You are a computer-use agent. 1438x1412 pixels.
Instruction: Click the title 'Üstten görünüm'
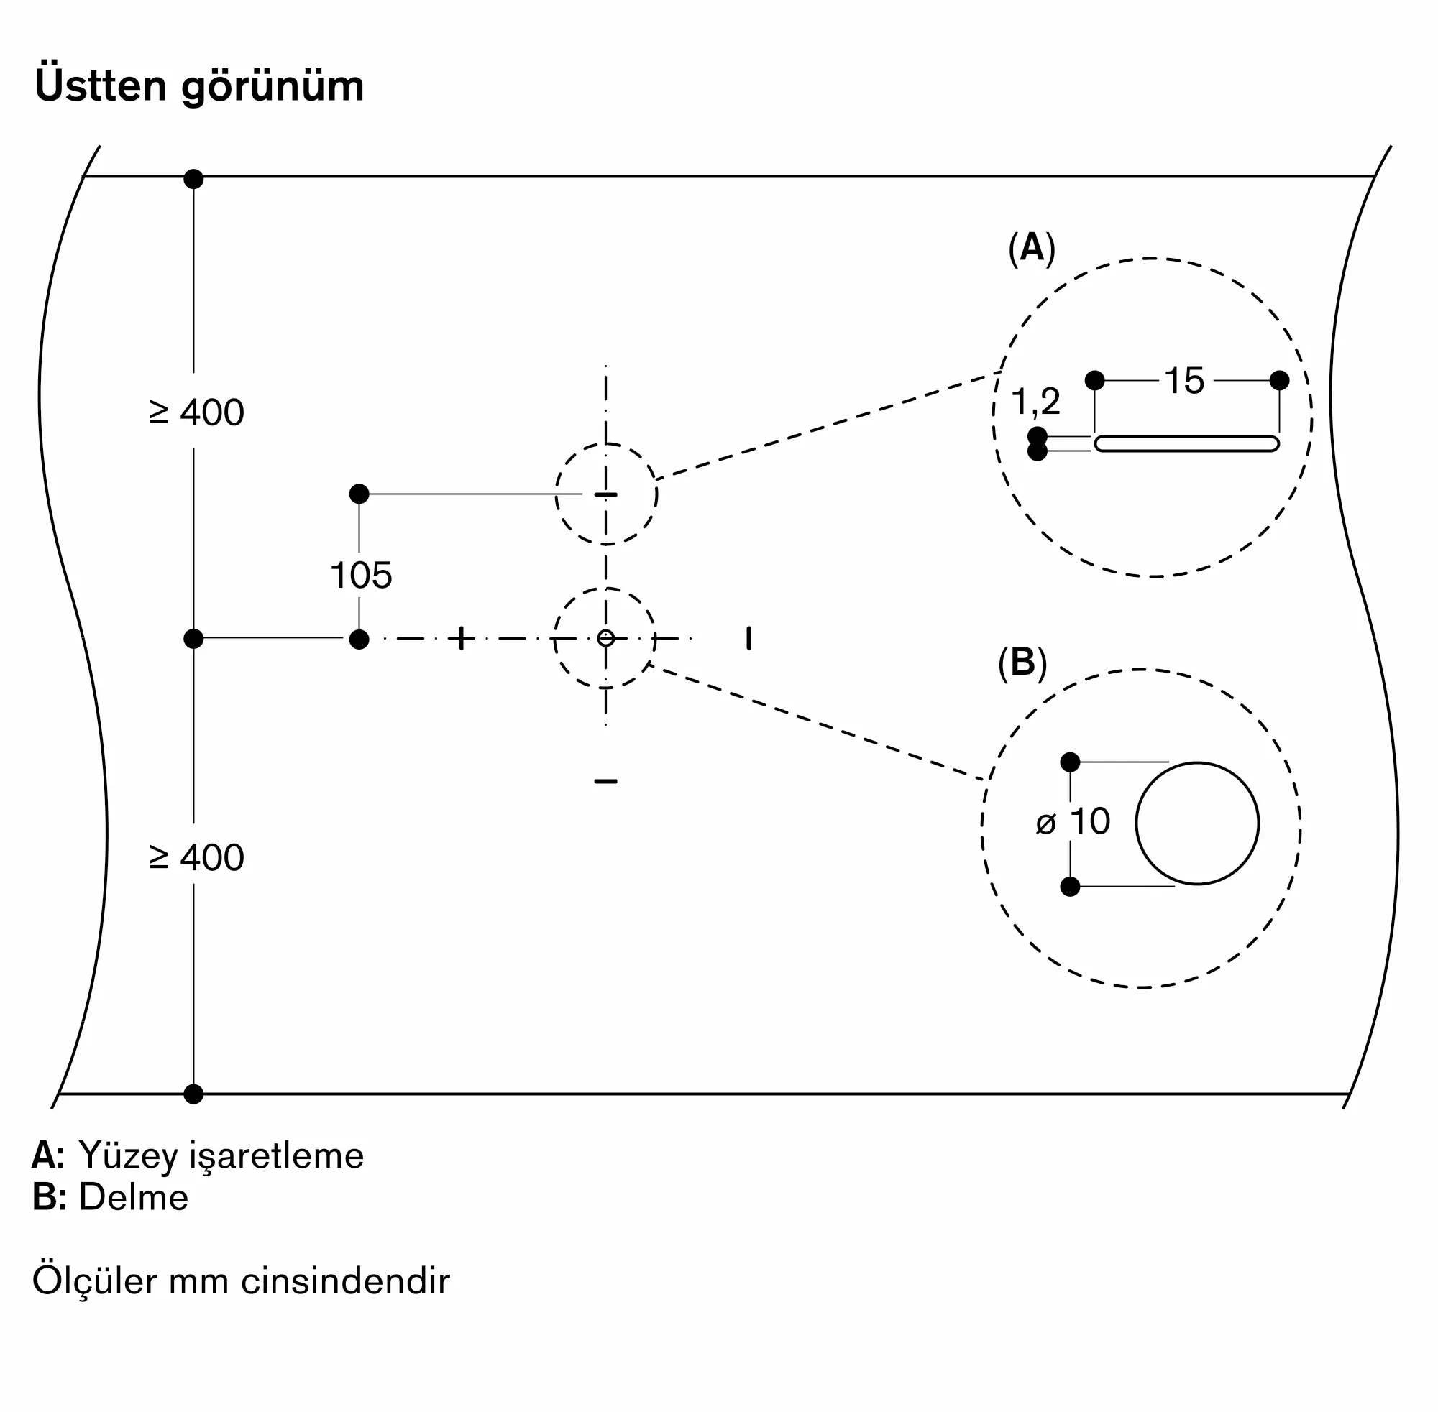point(199,86)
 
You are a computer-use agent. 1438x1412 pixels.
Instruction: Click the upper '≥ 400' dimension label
point(196,412)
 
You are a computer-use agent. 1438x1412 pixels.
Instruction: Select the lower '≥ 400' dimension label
point(196,857)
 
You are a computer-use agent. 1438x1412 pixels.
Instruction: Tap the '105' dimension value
point(361,576)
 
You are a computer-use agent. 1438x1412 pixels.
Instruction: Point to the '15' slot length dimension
point(1184,381)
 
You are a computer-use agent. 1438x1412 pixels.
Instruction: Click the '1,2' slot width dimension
point(1036,402)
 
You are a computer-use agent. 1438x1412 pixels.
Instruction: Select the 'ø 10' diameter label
point(1073,821)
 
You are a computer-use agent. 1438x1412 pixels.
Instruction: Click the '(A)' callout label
point(1031,248)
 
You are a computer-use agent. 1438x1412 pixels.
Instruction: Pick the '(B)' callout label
point(1022,663)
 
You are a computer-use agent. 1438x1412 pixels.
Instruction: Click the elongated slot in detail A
point(1186,443)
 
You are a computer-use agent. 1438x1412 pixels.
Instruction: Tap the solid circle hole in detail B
point(1197,823)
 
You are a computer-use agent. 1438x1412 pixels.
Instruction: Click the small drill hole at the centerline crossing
point(606,638)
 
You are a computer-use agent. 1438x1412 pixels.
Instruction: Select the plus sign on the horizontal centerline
point(462,638)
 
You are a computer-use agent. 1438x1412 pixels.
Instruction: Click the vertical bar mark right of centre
point(748,638)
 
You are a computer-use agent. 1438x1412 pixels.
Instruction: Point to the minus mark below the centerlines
point(606,781)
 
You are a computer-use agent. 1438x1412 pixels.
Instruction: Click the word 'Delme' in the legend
point(134,1198)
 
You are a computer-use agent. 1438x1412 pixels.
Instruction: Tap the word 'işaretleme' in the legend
point(277,1155)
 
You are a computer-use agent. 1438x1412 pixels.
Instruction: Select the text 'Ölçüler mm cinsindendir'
point(241,1281)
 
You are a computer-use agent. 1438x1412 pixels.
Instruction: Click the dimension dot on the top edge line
point(193,179)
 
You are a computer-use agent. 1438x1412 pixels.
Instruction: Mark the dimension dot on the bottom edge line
point(193,1094)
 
